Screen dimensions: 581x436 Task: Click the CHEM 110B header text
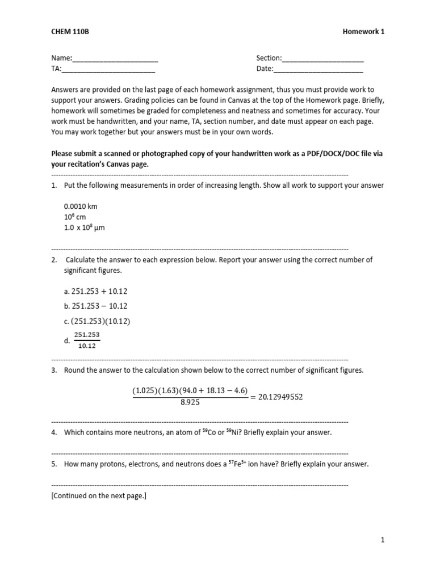click(x=70, y=32)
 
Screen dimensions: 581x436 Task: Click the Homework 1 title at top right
click(x=364, y=32)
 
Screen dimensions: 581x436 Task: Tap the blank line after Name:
click(x=115, y=58)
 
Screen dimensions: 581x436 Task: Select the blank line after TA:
click(x=108, y=69)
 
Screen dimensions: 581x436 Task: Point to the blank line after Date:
click(x=318, y=69)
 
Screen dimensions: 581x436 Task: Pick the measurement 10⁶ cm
click(x=74, y=217)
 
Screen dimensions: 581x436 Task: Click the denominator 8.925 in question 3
click(x=190, y=402)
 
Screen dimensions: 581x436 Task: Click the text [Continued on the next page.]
click(x=99, y=495)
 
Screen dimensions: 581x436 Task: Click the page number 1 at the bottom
click(x=383, y=541)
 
